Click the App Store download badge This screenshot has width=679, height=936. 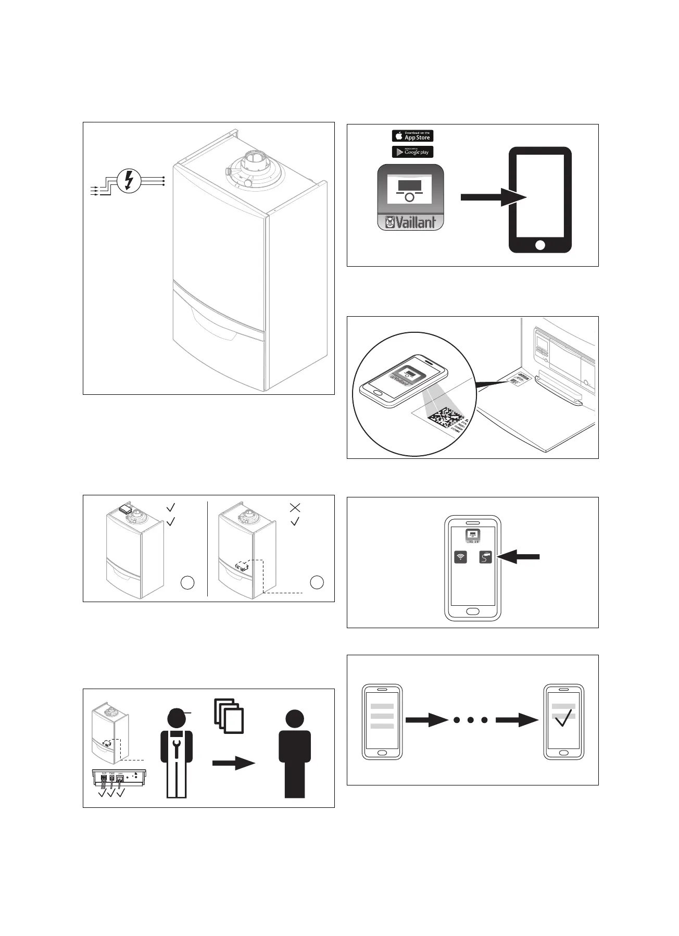point(412,136)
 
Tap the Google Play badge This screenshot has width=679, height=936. point(412,152)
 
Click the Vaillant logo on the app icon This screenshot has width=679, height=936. point(410,222)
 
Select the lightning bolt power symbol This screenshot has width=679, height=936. point(129,181)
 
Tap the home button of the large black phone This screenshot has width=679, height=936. point(540,244)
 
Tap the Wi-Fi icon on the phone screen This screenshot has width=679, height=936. point(460,557)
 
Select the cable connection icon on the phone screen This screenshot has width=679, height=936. point(485,557)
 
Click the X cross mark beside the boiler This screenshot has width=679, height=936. point(295,507)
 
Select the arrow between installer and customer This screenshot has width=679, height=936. point(233,763)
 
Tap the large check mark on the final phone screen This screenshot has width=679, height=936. point(563,720)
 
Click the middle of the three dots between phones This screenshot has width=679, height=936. point(471,720)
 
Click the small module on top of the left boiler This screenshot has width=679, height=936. point(124,509)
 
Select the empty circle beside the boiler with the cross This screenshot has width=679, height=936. point(317,582)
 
